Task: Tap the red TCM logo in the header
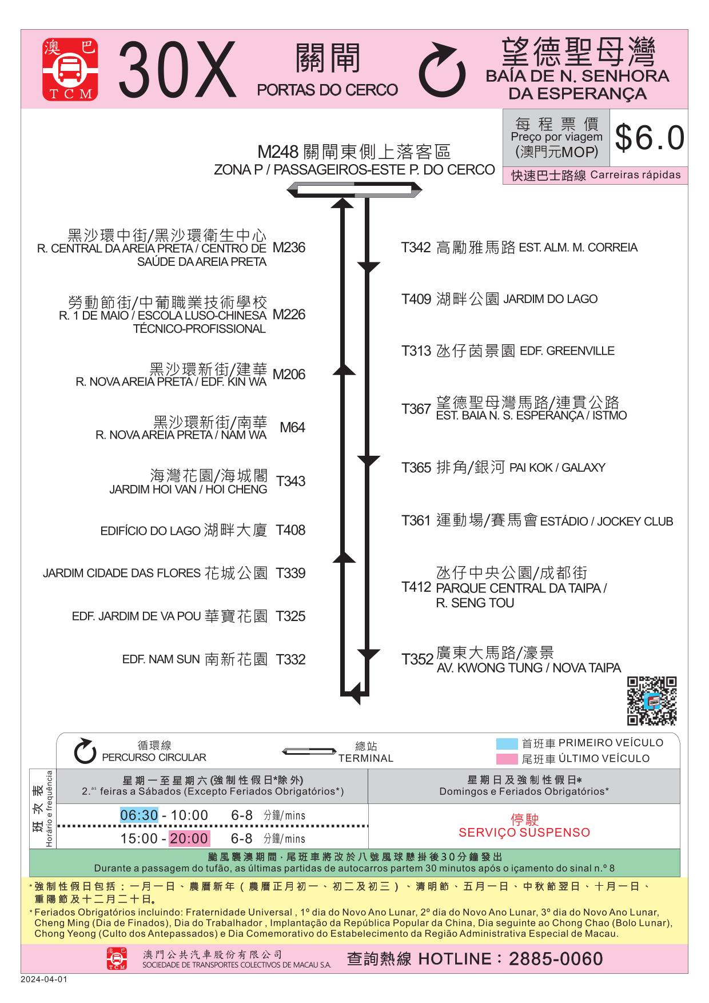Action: click(x=70, y=70)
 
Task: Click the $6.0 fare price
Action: click(x=650, y=138)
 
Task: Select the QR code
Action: click(x=652, y=700)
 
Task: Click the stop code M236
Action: click(x=289, y=248)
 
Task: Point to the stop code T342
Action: click(x=416, y=248)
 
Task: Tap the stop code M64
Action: click(x=292, y=428)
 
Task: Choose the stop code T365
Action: click(x=416, y=468)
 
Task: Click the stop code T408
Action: click(x=290, y=530)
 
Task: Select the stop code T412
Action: click(x=416, y=587)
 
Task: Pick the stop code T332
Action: click(x=290, y=659)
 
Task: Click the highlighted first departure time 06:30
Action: click(x=139, y=815)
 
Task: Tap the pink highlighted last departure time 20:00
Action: click(x=189, y=838)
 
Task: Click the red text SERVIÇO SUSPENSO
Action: click(x=524, y=833)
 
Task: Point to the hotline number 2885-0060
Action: click(x=556, y=959)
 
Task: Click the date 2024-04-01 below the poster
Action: click(x=44, y=979)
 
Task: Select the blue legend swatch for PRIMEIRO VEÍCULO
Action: click(x=507, y=744)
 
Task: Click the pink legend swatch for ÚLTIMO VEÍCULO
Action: click(x=507, y=759)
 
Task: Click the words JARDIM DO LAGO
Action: click(x=550, y=299)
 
